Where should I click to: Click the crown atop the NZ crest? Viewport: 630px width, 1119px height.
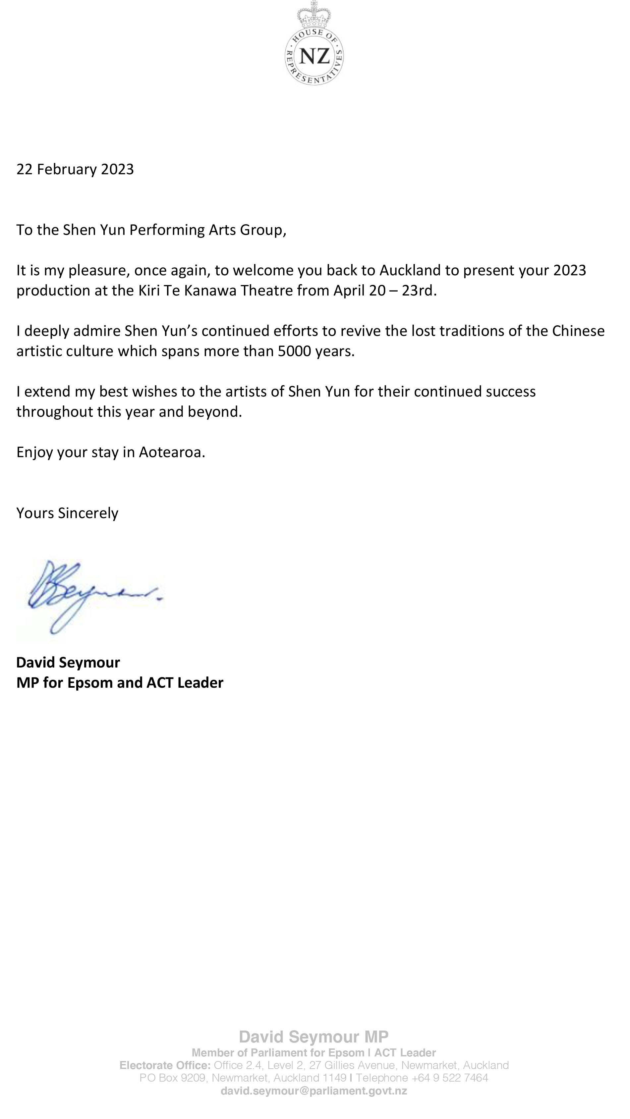(x=314, y=15)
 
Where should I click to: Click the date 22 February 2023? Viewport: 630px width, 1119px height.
(x=75, y=169)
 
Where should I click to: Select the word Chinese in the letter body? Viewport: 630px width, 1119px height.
(x=578, y=331)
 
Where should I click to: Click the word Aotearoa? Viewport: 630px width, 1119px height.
(x=172, y=452)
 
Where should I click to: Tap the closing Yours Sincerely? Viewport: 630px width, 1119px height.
(x=67, y=513)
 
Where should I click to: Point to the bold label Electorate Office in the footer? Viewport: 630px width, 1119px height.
(x=165, y=1065)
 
